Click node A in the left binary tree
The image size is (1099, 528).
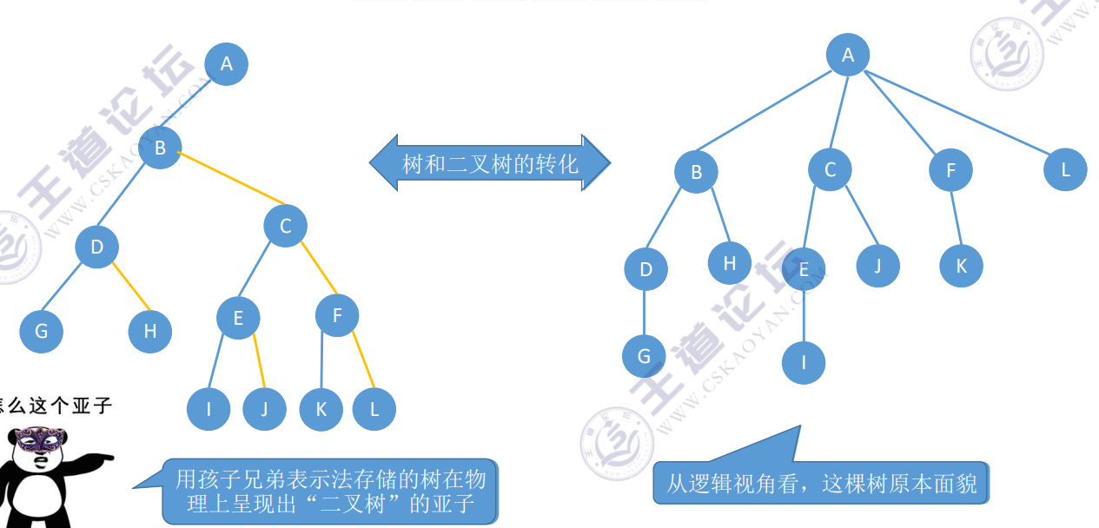(x=227, y=63)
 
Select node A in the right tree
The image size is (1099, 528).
(x=848, y=56)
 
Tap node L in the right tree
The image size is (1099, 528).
(x=1065, y=169)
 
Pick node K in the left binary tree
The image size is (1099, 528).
(x=321, y=409)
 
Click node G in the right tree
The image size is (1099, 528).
(x=644, y=356)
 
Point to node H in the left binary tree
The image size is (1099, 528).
(x=150, y=331)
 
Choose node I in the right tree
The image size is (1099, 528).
(x=804, y=362)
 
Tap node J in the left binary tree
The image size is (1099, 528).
(x=264, y=409)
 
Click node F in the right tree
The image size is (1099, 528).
(x=950, y=171)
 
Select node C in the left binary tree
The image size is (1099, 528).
(x=286, y=227)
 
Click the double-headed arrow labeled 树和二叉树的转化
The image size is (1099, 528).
(x=490, y=163)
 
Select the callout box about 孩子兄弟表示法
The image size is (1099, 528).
(x=330, y=491)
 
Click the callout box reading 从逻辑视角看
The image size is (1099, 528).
(x=821, y=482)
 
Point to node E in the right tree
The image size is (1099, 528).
(x=804, y=269)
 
